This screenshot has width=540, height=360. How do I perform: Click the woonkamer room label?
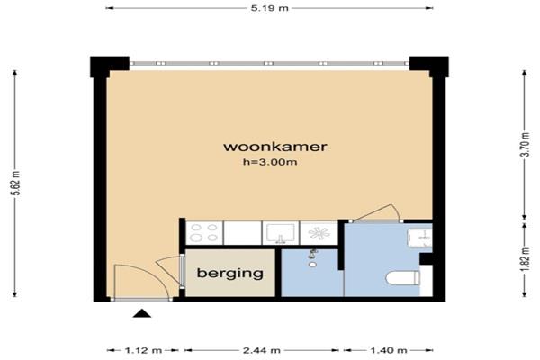pyautogui.click(x=275, y=147)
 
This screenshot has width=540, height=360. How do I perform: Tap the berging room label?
pyautogui.click(x=230, y=274)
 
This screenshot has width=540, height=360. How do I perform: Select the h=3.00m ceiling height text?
pyautogui.click(x=270, y=162)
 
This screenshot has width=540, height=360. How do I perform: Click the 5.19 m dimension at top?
pyautogui.click(x=270, y=8)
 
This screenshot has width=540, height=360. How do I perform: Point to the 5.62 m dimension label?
pyautogui.click(x=16, y=183)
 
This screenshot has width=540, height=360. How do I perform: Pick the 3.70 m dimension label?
pyautogui.click(x=526, y=144)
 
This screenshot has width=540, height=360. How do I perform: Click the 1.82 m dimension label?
pyautogui.click(x=526, y=259)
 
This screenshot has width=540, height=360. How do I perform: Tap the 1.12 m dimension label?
pyautogui.click(x=143, y=351)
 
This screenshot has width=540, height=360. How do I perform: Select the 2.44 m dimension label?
pyautogui.click(x=262, y=351)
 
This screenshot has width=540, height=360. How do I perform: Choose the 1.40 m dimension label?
pyautogui.click(x=389, y=351)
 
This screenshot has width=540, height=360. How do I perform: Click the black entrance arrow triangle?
pyautogui.click(x=142, y=313)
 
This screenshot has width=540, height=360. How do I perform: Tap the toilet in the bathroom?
pyautogui.click(x=402, y=278)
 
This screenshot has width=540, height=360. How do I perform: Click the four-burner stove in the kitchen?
pyautogui.click(x=204, y=233)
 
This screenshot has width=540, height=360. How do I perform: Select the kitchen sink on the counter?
pyautogui.click(x=281, y=233)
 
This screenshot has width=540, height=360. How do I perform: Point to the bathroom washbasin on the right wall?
pyautogui.click(x=419, y=238)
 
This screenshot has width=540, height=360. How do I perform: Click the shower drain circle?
pyautogui.click(x=312, y=265)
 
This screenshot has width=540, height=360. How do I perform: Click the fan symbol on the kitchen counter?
pyautogui.click(x=319, y=233)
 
